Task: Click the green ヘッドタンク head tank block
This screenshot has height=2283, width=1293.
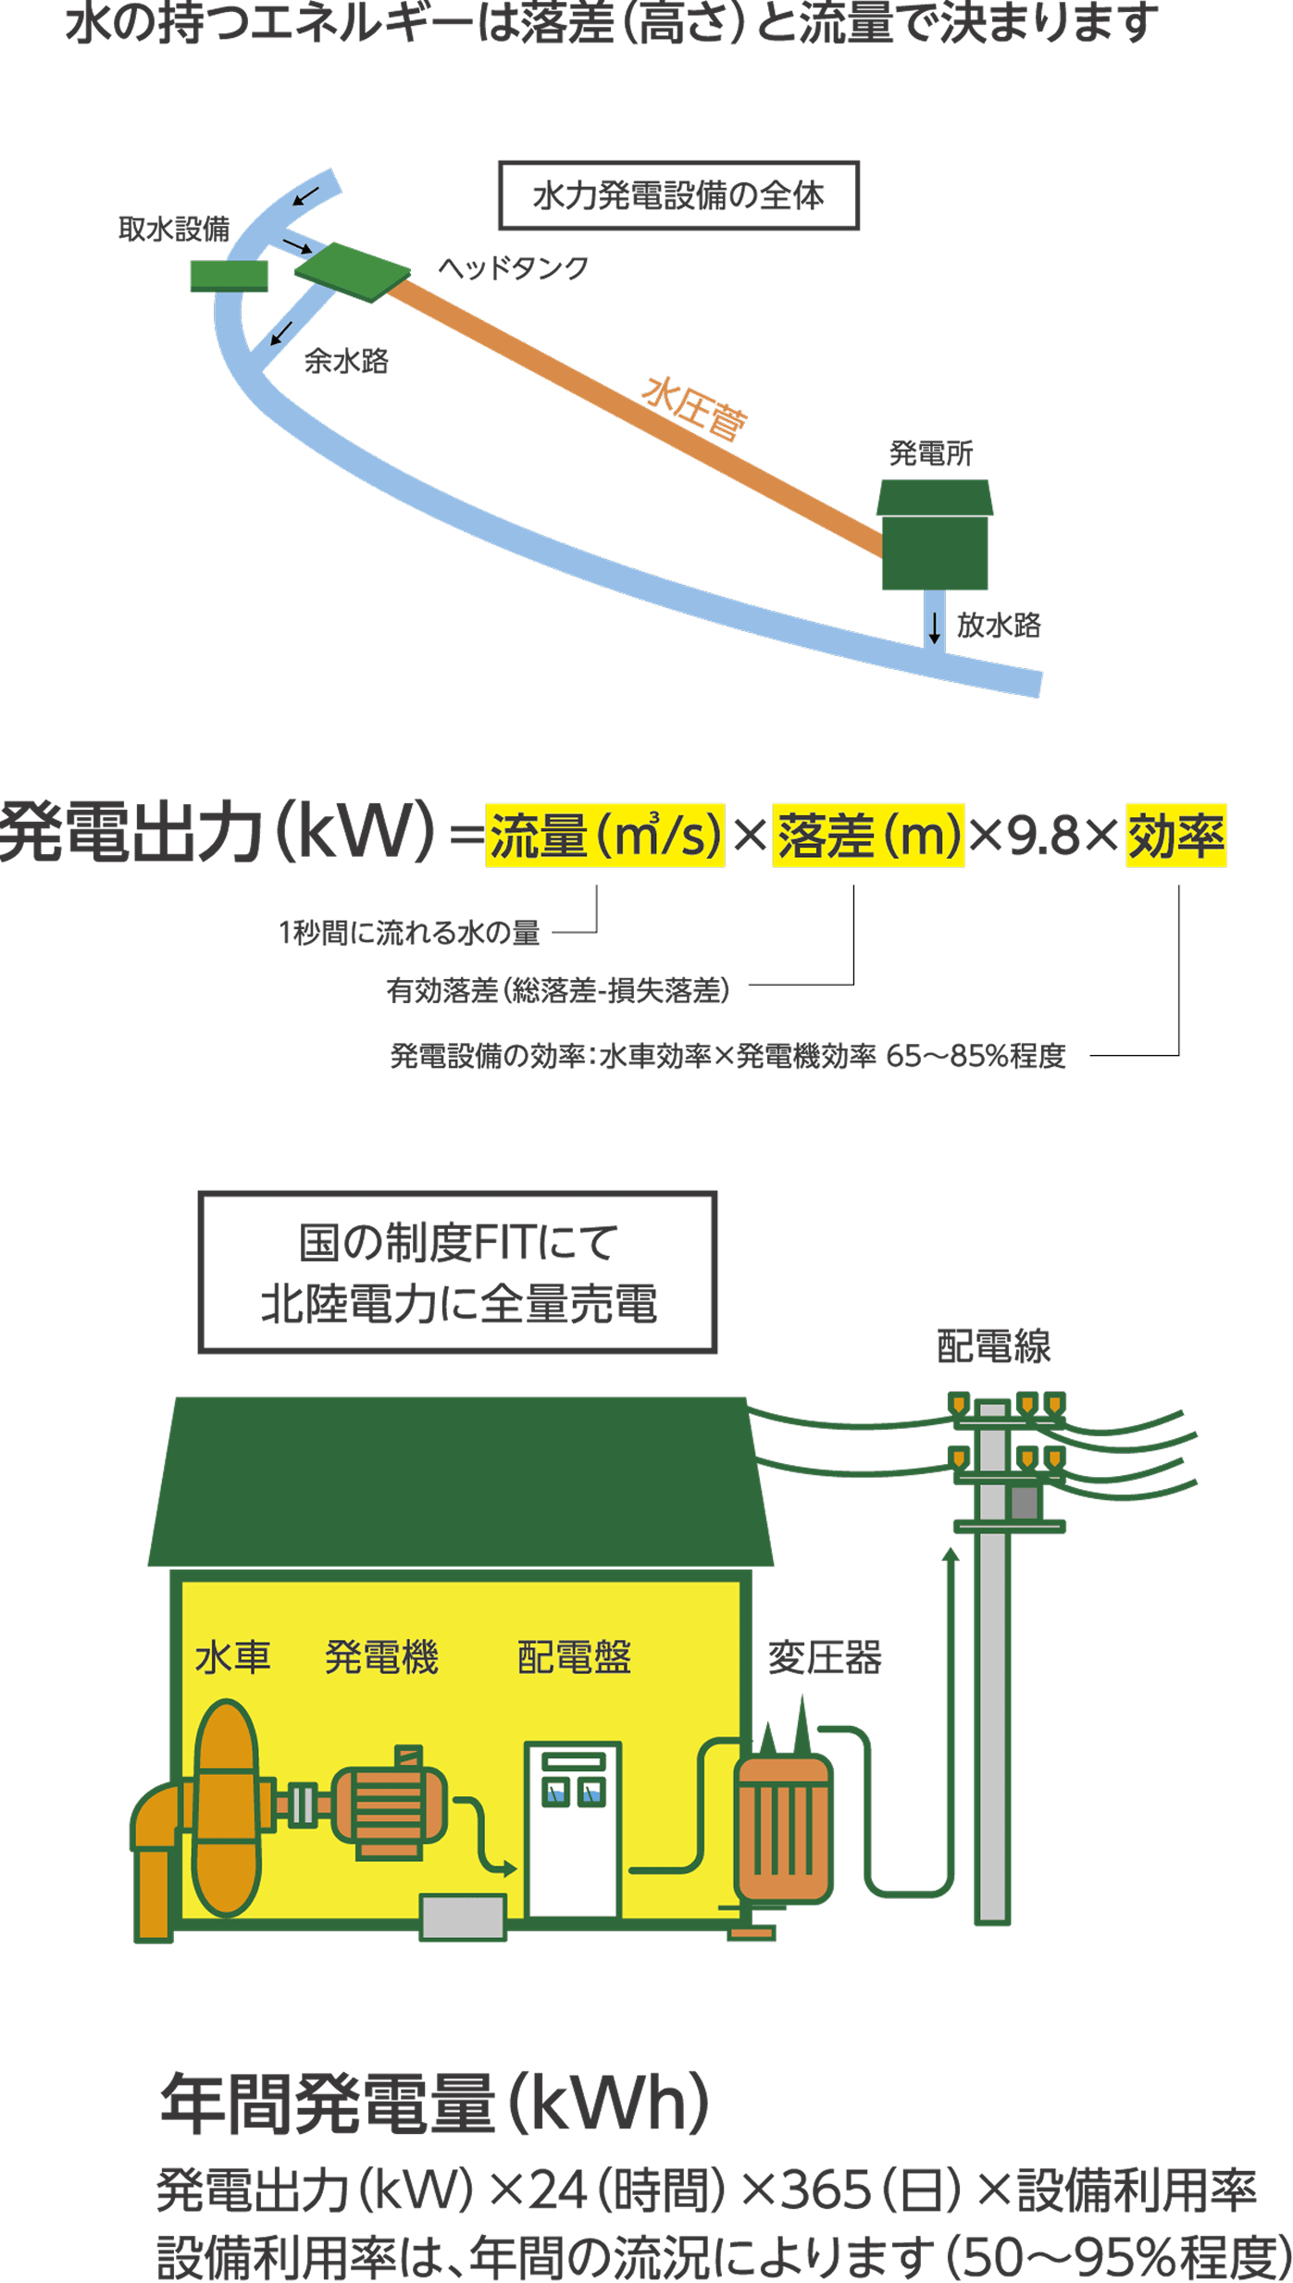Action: [x=353, y=272]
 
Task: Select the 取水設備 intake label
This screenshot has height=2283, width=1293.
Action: [x=173, y=229]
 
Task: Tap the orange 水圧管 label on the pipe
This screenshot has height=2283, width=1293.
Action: [x=694, y=407]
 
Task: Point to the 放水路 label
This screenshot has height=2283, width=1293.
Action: [x=998, y=625]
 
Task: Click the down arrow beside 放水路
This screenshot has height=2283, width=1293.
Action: [x=934, y=627]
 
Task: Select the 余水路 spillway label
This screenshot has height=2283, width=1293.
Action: [x=346, y=361]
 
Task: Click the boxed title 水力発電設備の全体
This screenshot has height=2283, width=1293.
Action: [x=678, y=195]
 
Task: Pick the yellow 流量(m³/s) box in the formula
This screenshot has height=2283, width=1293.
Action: [x=604, y=835]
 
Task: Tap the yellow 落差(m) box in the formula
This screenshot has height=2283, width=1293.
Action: [x=868, y=835]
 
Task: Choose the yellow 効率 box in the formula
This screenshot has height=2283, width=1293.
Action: [x=1175, y=835]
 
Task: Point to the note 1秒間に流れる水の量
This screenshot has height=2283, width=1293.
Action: [x=408, y=932]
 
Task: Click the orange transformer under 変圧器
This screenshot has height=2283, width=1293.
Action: [x=784, y=1828]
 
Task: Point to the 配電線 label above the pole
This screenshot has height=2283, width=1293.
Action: [x=993, y=1346]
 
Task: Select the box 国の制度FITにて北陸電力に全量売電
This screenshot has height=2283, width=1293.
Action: [x=458, y=1272]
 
